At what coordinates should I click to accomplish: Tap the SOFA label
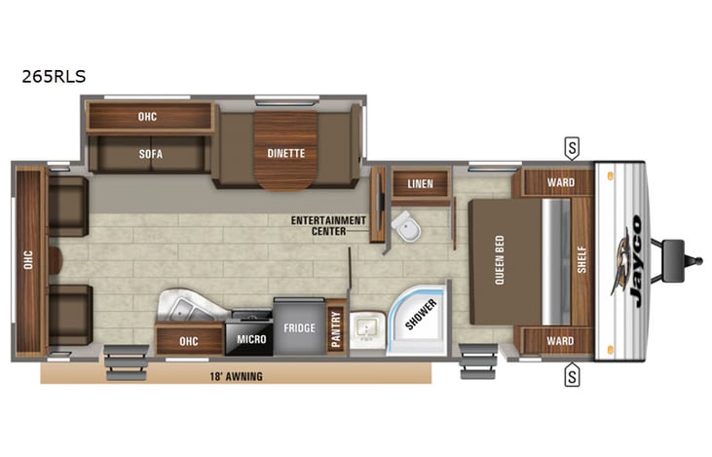coord(148,154)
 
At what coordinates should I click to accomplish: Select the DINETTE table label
coord(286,153)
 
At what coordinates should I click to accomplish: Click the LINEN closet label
coord(420,183)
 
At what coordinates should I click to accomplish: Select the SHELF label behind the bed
coord(581,259)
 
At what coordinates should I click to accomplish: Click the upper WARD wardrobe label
coord(560,182)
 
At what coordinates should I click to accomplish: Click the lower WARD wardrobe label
coord(560,340)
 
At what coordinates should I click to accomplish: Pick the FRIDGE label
coord(299,328)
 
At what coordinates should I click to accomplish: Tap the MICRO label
coord(251,340)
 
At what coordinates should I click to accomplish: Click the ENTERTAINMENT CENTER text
coord(329,226)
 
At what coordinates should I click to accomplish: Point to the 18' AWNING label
coord(235,374)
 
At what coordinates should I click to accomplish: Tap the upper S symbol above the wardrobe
coord(572,148)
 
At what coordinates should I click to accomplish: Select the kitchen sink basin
coord(182,309)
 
